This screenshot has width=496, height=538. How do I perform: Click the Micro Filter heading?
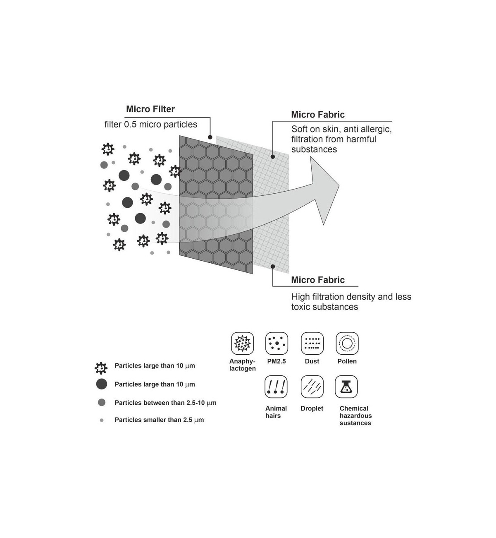[x=150, y=109]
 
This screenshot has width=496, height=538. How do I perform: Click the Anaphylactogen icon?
[x=242, y=343]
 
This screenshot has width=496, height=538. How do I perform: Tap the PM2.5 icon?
[x=277, y=343]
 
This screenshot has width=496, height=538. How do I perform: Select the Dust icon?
[x=312, y=343]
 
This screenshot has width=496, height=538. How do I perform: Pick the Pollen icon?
[x=347, y=343]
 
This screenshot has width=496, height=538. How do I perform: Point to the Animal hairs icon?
[x=276, y=387]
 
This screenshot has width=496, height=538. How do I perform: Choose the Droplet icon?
[x=312, y=387]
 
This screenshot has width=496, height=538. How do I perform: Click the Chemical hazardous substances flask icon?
[x=346, y=387]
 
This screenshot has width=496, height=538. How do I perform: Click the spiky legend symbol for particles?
[x=101, y=367]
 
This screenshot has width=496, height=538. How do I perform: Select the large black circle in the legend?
[x=102, y=384]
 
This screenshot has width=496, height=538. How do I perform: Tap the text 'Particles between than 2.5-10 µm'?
[x=165, y=403]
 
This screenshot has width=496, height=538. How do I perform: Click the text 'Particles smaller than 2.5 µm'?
[x=159, y=420]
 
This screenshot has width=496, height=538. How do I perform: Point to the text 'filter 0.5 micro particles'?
[x=150, y=125]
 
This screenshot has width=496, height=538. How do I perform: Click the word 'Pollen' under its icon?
[x=347, y=361]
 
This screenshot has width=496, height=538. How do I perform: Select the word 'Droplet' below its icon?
[x=312, y=408]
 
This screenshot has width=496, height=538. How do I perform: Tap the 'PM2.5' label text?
[x=277, y=361]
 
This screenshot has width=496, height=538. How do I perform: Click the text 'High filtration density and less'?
[x=351, y=297]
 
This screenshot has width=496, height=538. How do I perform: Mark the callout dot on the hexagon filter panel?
[x=210, y=137]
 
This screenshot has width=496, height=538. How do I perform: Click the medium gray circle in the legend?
[x=102, y=402]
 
